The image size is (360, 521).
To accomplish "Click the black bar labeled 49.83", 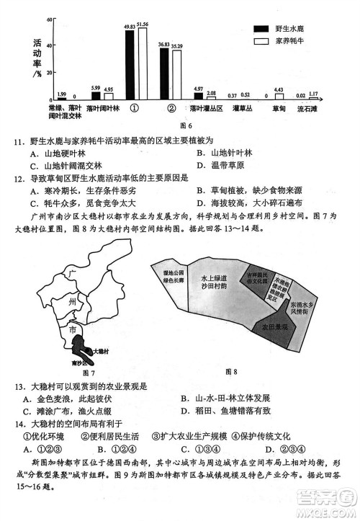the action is tap(130, 65).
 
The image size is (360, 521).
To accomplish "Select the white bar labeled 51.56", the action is tap(142, 63).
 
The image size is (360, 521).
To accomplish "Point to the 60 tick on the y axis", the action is tap(48, 19).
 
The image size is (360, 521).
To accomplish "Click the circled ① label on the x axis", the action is tap(135, 110).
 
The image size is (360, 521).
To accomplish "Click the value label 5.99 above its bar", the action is tap(96, 87).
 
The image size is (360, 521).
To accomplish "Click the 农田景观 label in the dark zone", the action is tap(274, 327).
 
